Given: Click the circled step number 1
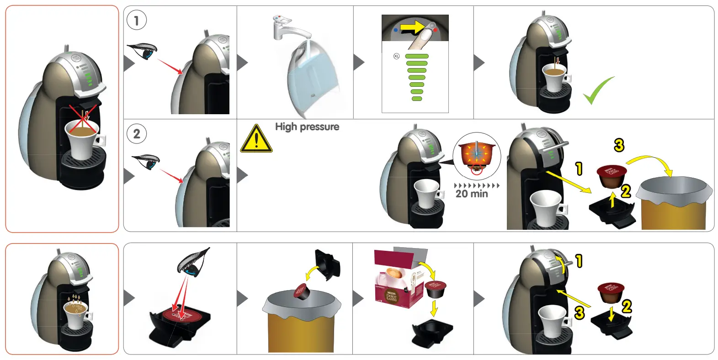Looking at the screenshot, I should (136, 21).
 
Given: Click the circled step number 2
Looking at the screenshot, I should (136, 134).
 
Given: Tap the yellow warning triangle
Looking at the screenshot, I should (256, 139).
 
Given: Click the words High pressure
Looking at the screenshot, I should (307, 127).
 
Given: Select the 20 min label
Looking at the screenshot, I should (472, 194).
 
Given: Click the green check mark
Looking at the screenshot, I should (598, 91).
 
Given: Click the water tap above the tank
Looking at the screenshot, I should (290, 28).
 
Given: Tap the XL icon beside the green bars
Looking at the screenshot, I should (396, 56).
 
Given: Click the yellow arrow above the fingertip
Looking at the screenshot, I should (413, 27).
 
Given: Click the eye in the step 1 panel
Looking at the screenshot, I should (143, 51).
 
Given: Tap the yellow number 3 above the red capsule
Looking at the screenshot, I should (619, 145).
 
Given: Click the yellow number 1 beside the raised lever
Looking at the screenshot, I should (579, 261).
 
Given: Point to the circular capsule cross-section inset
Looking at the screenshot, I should (477, 157).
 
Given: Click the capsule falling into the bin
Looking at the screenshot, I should (301, 291).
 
